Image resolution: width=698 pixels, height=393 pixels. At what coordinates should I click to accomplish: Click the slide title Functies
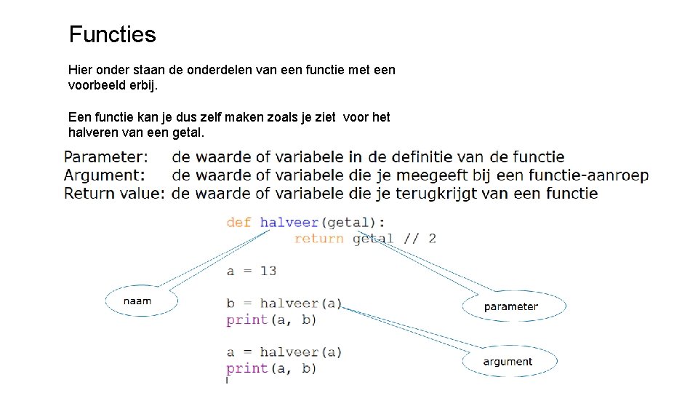(112, 34)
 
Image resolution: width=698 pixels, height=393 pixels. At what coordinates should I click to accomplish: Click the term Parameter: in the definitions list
(106, 157)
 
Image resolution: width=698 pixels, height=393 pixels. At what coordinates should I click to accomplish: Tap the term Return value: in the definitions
(115, 194)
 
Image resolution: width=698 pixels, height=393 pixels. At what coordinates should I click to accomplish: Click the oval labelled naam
(137, 301)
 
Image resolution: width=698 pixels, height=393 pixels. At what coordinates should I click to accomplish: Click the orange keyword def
(239, 222)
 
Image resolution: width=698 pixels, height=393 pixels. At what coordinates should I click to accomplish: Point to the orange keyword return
(319, 238)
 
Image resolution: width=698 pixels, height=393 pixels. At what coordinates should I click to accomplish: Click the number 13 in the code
(268, 271)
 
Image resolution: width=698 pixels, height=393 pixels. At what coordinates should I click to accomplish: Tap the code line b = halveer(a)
(284, 303)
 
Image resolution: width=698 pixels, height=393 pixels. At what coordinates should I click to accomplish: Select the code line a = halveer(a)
(284, 352)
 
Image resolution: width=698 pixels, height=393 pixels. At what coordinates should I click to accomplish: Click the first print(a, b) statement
(271, 319)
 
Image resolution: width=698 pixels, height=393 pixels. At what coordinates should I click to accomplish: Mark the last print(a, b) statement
(271, 368)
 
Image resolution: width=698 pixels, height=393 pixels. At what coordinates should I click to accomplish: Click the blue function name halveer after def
(289, 222)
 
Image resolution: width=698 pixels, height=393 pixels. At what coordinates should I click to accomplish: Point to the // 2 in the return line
(422, 238)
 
